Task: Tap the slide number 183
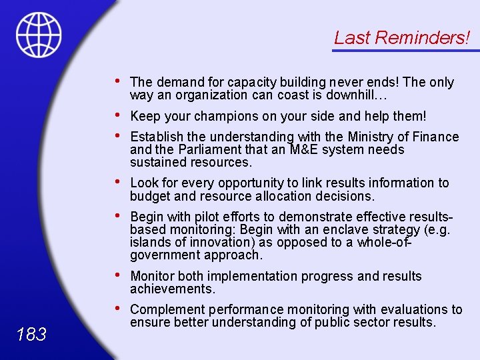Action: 31,334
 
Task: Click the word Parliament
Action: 189,149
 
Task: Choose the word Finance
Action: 435,137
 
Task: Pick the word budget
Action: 150,196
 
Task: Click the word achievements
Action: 172,289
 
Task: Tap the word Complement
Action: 167,309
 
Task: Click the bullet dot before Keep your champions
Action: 117,115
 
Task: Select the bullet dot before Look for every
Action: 117,181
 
